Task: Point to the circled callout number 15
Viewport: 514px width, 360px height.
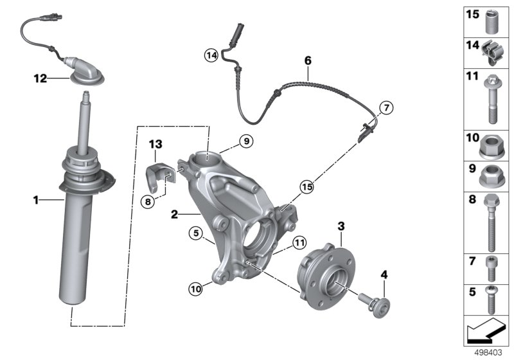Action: pyautogui.click(x=307, y=187)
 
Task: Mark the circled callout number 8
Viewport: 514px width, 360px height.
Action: pyautogui.click(x=148, y=201)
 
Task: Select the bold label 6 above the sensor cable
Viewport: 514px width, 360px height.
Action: pyautogui.click(x=308, y=60)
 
